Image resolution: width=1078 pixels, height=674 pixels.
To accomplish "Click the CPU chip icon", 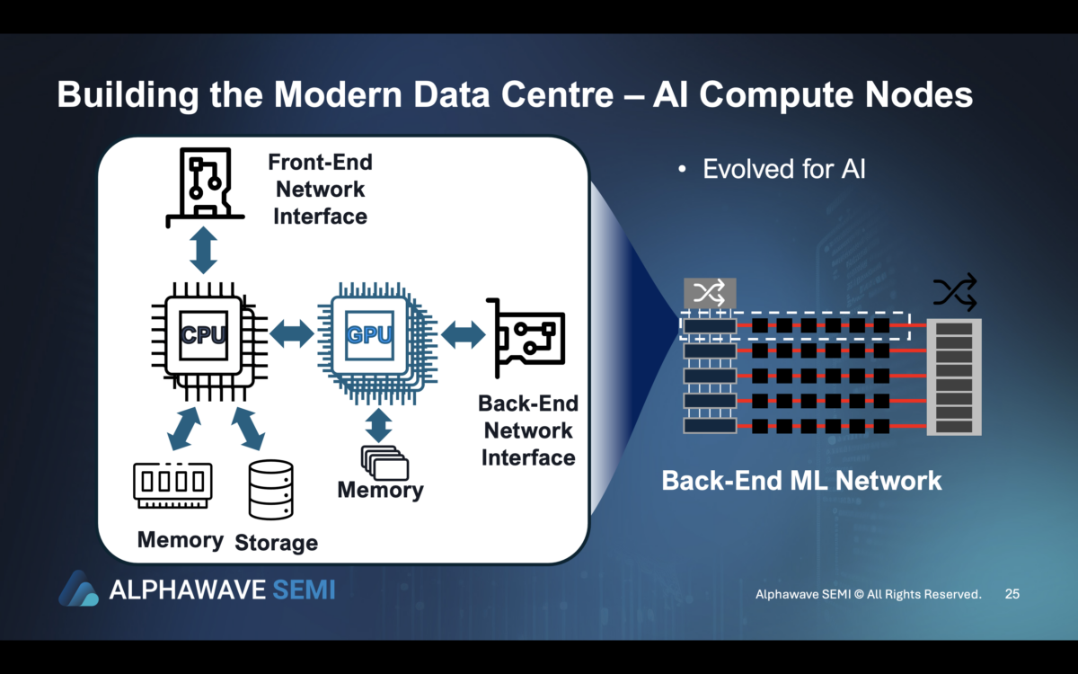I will tap(204, 335).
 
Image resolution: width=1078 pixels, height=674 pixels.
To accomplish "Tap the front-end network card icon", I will tap(205, 188).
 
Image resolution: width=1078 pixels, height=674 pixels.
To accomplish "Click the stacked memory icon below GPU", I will tap(384, 462).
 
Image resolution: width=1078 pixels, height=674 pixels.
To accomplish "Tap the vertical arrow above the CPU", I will tap(205, 251).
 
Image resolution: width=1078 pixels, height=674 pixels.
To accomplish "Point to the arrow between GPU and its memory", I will tap(379, 424).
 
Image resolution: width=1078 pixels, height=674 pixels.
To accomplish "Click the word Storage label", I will tap(276, 543).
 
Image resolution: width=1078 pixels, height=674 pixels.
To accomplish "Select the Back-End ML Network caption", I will tap(801, 480).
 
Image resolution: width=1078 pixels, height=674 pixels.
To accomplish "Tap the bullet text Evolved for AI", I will tap(783, 169).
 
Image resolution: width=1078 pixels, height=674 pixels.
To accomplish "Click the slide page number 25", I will tap(1012, 594).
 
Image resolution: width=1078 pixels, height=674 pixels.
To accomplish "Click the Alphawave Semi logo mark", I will tap(78, 589).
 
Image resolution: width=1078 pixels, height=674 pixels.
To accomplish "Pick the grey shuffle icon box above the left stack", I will tap(710, 292).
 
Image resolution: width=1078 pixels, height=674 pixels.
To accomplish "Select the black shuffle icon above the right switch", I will tap(954, 293).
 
